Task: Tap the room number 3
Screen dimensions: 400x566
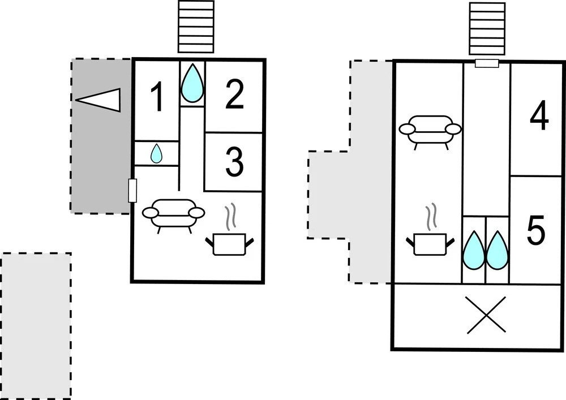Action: pos(233,162)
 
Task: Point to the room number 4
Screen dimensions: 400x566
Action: pos(539,117)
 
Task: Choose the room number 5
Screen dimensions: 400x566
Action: pos(535,231)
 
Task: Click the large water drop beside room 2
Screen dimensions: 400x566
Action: pos(192,83)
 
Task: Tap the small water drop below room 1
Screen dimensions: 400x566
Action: pos(156,153)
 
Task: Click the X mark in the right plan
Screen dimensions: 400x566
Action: pos(486,315)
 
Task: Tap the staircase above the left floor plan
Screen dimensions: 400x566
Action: pos(196,27)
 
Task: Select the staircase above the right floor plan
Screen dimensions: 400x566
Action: pos(487,28)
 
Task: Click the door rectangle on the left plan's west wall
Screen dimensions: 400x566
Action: pos(133,190)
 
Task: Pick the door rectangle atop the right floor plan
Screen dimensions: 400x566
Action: pos(487,63)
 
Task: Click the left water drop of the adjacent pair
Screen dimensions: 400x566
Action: pos(474,250)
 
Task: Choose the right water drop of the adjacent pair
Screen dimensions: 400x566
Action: pos(497,250)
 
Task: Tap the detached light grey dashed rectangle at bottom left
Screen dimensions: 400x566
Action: pos(36,326)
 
